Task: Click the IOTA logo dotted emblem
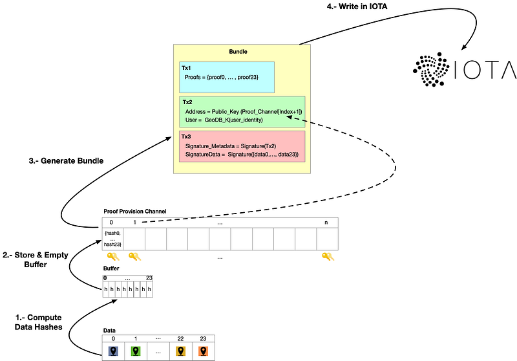coord(431,70)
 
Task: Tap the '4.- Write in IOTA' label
coord(357,6)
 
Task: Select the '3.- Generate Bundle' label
coord(67,160)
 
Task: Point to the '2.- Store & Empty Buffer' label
coord(36,259)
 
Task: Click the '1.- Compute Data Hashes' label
coord(39,322)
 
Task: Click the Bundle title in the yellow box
coord(238,52)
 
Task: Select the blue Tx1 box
coord(227,77)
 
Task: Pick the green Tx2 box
coord(242,112)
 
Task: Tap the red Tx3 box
coord(242,146)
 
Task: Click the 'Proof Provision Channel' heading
coord(135,211)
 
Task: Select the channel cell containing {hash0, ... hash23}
coord(112,239)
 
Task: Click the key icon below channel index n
coord(328,256)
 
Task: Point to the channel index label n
coord(326,223)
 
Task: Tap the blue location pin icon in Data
coord(114,351)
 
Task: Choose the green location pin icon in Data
coord(136,351)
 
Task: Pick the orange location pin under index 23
coord(203,351)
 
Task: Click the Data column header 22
coord(180,338)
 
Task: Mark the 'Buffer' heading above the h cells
coord(111,268)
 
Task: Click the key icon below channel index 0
coord(113,256)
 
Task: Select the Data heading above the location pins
coord(109,331)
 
